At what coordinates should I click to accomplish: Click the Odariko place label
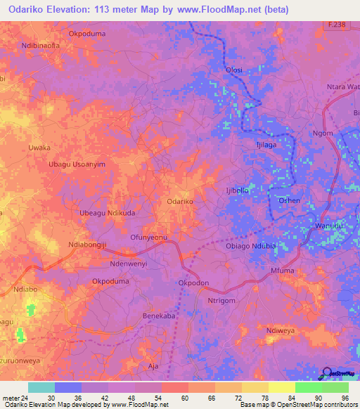click(x=180, y=202)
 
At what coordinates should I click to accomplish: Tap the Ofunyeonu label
click(x=148, y=238)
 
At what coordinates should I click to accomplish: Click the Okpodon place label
click(x=194, y=283)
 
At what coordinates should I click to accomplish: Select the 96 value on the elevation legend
click(x=336, y=398)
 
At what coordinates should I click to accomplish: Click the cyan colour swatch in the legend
click(x=41, y=387)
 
